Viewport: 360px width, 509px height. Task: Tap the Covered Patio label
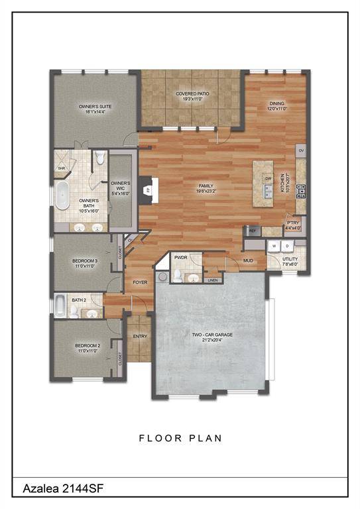tap(192, 97)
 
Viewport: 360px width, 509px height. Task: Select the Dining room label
tap(276, 105)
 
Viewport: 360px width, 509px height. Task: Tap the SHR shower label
tap(61, 168)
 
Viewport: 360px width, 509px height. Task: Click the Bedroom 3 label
tap(86, 263)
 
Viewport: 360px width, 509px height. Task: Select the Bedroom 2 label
tap(87, 348)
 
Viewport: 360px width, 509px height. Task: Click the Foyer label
tap(140, 282)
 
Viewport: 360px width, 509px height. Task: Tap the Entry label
tap(140, 336)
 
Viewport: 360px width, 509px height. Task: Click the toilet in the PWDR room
tap(192, 278)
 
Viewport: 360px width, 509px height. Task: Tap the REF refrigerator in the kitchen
tap(252, 231)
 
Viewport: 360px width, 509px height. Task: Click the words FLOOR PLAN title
tap(180, 438)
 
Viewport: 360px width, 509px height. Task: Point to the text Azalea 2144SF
tap(58, 488)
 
